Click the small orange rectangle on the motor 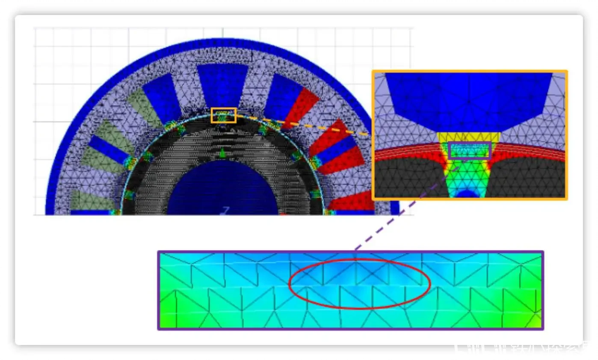pyautogui.click(x=223, y=115)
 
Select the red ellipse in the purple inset pyautogui.click(x=360, y=284)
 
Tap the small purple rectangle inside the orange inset pyautogui.click(x=470, y=150)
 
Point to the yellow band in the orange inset pyautogui.click(x=469, y=137)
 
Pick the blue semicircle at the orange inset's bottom pyautogui.click(x=468, y=194)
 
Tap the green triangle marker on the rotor pyautogui.click(x=223, y=152)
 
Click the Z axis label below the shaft pyautogui.click(x=226, y=210)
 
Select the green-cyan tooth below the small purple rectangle pyautogui.click(x=469, y=173)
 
